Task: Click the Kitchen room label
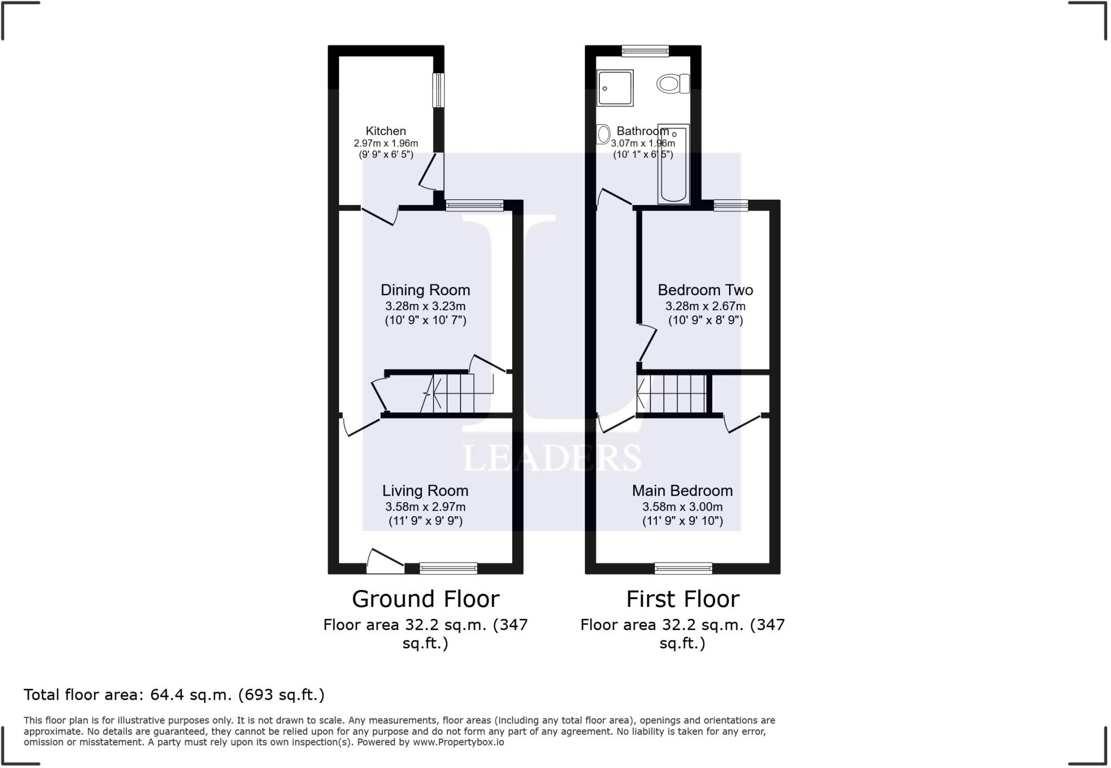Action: [x=385, y=131]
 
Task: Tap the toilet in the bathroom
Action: [x=672, y=84]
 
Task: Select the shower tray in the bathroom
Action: [x=615, y=87]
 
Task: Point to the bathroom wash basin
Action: [x=603, y=134]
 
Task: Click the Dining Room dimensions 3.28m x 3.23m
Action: [x=425, y=306]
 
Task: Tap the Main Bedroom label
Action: [x=682, y=491]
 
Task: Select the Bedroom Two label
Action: [x=705, y=290]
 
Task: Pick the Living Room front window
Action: [x=448, y=568]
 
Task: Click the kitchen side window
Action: [x=438, y=90]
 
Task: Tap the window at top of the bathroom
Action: [x=645, y=51]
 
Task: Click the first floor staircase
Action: [x=673, y=393]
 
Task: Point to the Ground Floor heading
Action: [x=425, y=599]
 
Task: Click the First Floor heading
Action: [x=682, y=599]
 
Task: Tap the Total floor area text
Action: [x=174, y=695]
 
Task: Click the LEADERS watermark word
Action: [x=551, y=458]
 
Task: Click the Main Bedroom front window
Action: [x=683, y=568]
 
